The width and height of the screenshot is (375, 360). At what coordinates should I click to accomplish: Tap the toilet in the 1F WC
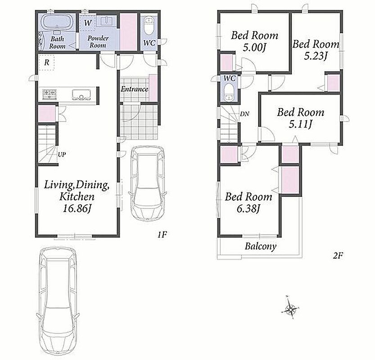[149, 26]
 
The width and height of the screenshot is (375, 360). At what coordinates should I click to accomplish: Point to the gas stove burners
[50, 94]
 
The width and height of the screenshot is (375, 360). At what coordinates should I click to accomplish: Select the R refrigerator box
[47, 63]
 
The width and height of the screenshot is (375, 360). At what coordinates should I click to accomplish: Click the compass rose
[290, 307]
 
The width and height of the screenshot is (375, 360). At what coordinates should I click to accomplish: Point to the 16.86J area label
[77, 209]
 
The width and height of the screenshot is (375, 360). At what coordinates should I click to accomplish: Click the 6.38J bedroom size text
[248, 209]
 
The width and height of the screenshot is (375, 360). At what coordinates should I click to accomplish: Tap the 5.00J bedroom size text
[255, 48]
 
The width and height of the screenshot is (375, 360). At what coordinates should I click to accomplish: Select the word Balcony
[261, 246]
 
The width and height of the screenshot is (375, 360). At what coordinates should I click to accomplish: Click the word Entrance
[134, 89]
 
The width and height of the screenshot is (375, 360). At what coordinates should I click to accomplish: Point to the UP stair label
[62, 154]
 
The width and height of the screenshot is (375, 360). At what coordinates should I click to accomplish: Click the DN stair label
[244, 114]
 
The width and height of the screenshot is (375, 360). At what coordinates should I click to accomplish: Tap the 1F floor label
[162, 234]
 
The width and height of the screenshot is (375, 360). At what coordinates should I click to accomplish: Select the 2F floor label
[338, 256]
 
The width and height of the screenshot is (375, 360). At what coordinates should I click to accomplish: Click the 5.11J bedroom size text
[301, 124]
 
